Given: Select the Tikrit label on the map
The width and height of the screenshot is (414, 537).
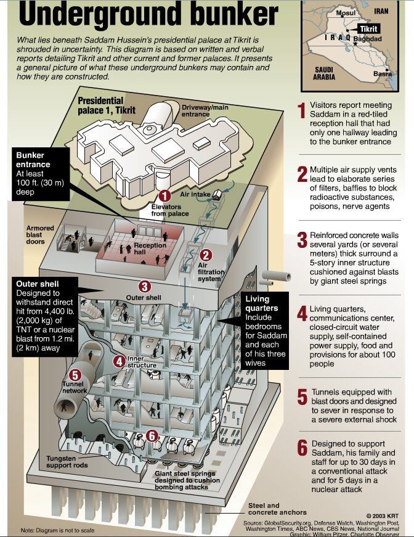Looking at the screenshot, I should [368, 28].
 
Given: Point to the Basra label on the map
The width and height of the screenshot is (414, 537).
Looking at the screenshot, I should [383, 75].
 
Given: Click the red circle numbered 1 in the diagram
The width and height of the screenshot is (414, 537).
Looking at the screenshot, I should [164, 196].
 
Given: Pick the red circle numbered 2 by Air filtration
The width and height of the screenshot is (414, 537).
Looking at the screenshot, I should [206, 254].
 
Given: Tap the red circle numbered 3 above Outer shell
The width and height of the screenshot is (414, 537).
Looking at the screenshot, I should [144, 286].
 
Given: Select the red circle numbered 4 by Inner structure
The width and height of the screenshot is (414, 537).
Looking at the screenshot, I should [118, 361].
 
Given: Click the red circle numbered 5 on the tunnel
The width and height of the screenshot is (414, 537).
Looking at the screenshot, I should [75, 375].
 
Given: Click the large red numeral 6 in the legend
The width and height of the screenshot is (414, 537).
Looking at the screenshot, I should [301, 449].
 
